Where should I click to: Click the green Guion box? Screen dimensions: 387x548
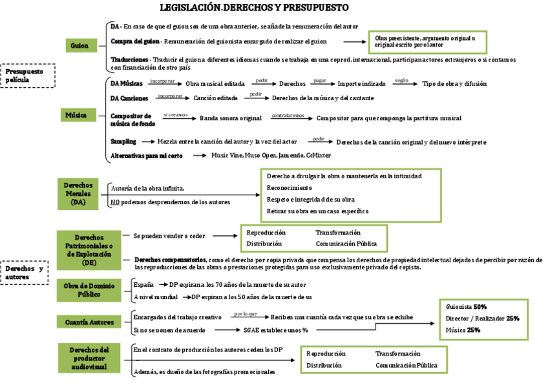click(79, 45)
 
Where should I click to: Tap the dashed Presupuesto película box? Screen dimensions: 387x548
click(28, 76)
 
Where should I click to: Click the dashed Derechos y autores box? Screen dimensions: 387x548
click(25, 273)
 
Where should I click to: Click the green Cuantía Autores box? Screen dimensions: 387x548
click(89, 321)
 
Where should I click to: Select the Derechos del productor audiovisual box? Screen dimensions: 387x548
click(89, 358)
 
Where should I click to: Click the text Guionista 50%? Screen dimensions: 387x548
click(466, 307)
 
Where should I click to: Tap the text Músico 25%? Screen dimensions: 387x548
click(463, 330)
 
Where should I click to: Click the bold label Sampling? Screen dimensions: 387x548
click(123, 141)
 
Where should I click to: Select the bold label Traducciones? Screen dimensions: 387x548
click(130, 59)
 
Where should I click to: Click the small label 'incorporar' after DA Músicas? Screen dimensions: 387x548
click(162, 81)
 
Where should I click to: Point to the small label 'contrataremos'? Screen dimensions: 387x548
click(288, 116)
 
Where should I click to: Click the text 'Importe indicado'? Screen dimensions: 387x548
click(361, 83)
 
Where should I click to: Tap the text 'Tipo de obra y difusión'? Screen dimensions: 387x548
click(454, 83)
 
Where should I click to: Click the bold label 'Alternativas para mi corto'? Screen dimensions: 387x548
click(147, 156)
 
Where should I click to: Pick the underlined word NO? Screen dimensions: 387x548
click(115, 202)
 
